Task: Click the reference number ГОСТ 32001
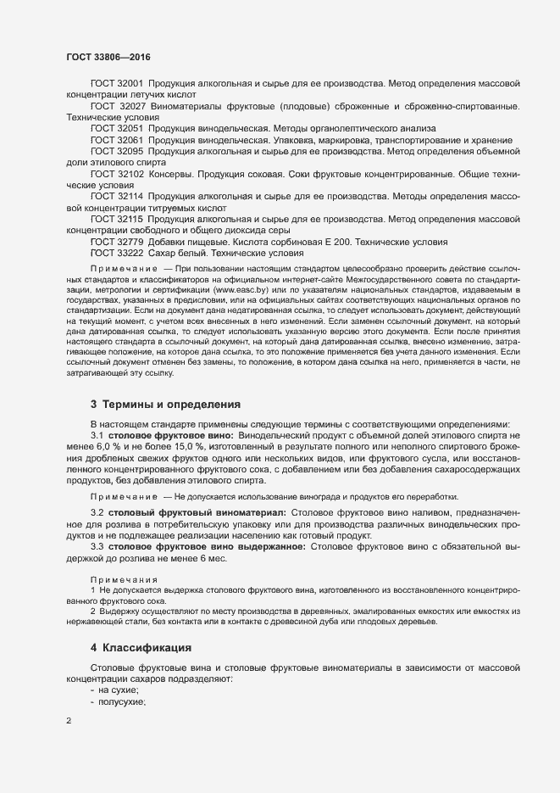[x=117, y=84]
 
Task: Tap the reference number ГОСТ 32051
[x=117, y=128]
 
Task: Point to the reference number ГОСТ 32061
[x=117, y=139]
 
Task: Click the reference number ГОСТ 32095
[x=117, y=150]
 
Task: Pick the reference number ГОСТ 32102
[x=117, y=173]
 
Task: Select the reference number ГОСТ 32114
[x=117, y=195]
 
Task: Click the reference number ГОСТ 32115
[x=117, y=218]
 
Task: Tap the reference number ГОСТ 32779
[x=117, y=241]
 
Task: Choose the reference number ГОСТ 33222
[x=117, y=252]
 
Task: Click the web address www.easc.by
[x=240, y=289]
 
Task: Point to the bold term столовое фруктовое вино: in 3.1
[x=160, y=434]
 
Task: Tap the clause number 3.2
[x=97, y=512]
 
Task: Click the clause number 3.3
[x=97, y=546]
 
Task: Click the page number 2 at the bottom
[x=68, y=722]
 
